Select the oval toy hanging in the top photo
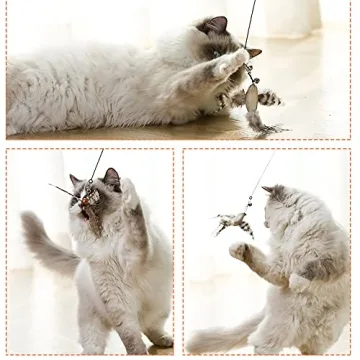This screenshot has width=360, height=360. click(252, 97)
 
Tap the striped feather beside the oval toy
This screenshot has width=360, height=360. click(269, 98)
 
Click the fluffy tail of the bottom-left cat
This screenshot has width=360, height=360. click(40, 245)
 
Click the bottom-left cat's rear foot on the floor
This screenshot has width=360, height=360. click(158, 340)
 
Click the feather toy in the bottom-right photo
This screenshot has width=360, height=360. click(236, 222)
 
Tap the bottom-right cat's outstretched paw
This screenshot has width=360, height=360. click(239, 250)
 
